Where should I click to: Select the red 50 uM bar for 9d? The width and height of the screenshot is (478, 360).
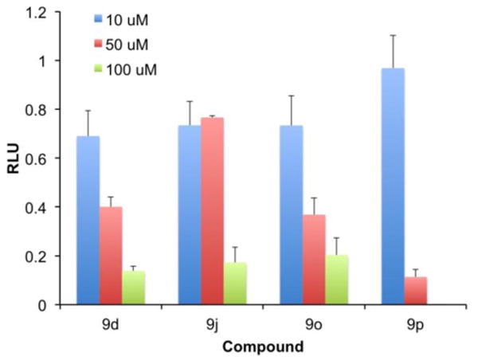click(x=111, y=256)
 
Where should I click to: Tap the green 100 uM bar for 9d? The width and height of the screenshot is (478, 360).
click(x=134, y=288)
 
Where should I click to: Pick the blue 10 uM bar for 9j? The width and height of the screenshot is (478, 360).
click(x=190, y=215)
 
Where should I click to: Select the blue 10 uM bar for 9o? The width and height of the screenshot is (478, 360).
click(x=292, y=215)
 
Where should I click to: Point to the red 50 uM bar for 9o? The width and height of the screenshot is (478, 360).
click(x=315, y=260)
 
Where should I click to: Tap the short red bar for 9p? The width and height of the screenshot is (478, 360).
click(x=417, y=291)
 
